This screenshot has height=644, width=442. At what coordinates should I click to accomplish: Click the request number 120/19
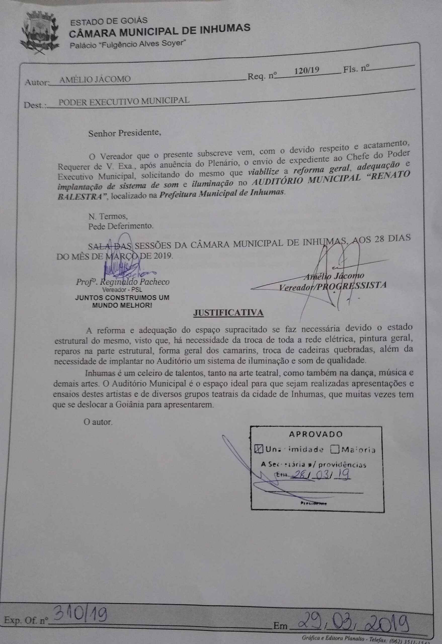[x=306, y=70]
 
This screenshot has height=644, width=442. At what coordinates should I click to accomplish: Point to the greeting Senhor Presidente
[x=125, y=133]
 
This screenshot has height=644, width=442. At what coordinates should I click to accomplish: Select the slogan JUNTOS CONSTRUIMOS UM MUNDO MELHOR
[x=122, y=301]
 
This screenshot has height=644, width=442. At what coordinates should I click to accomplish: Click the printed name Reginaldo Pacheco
[x=134, y=282]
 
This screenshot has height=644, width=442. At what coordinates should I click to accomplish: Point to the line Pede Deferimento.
[x=120, y=226]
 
